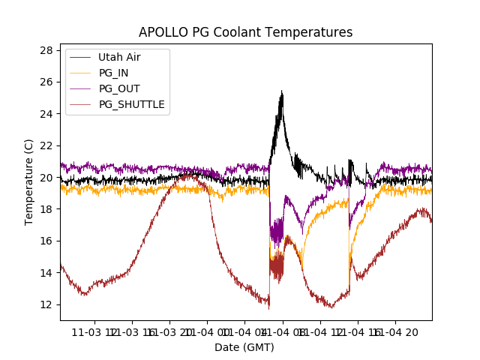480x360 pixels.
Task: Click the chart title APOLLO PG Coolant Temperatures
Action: [x=245, y=32]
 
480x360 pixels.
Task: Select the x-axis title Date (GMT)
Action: [x=244, y=347]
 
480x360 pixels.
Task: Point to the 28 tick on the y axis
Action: [x=46, y=50]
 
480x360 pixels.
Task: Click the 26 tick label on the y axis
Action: [x=46, y=82]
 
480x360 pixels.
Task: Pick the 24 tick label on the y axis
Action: [x=46, y=114]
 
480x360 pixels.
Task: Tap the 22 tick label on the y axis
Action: [x=46, y=145]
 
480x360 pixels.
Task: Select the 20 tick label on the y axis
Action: [x=46, y=178]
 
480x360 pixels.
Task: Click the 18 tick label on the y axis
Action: [x=46, y=209]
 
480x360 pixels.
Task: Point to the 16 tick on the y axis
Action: [x=46, y=241]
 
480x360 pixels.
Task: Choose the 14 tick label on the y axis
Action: [x=46, y=273]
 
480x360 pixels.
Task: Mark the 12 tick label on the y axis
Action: [x=46, y=304]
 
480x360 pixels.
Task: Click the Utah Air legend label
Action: [x=119, y=57]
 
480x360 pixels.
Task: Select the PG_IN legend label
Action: [x=113, y=73]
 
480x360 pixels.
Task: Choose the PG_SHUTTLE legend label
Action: [x=131, y=104]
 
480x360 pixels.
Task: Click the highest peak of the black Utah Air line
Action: [x=281, y=91]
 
